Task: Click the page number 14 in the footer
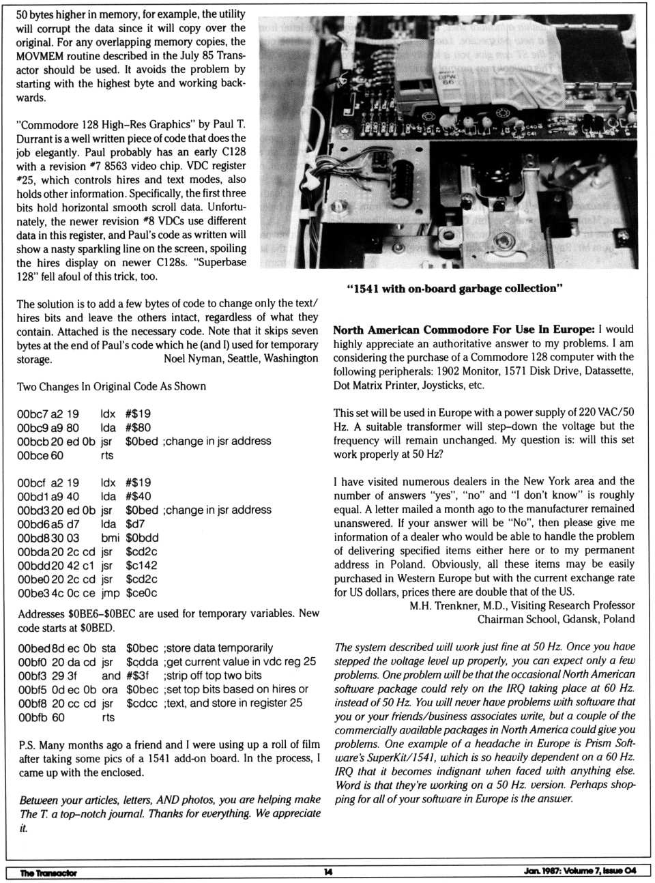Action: [328, 872]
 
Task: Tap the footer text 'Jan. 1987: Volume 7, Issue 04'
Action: [580, 871]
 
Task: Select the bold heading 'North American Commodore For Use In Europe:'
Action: [464, 330]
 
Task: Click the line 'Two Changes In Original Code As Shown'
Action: [111, 386]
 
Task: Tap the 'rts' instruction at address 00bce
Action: [107, 455]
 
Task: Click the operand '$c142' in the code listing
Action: [141, 565]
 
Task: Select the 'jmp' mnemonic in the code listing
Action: [110, 593]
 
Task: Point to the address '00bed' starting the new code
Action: [32, 648]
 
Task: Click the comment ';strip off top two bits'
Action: [212, 676]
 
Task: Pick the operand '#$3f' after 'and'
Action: [137, 676]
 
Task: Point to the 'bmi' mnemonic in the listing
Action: [110, 538]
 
